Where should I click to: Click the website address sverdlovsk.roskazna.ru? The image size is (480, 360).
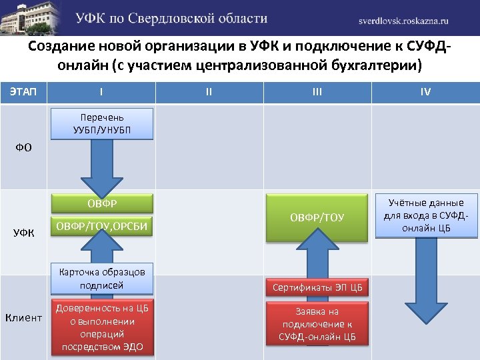[413, 20]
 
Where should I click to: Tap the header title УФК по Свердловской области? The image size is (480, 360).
[171, 19]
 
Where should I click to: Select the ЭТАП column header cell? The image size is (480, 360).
[23, 91]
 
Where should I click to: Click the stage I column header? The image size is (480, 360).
[101, 91]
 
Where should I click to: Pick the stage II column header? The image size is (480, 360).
[209, 91]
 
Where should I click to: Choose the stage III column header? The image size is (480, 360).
[317, 91]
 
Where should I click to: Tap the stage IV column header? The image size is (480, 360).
[425, 91]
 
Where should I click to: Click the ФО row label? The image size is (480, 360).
[23, 146]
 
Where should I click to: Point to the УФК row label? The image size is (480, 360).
[23, 233]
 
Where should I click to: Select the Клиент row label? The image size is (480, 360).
[23, 317]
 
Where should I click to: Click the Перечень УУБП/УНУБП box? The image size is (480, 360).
[102, 123]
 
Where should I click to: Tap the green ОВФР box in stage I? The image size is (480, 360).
[102, 203]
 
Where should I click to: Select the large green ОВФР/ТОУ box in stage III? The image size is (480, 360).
[317, 217]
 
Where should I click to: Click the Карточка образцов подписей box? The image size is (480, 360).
[102, 278]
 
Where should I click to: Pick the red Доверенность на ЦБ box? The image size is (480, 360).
[102, 327]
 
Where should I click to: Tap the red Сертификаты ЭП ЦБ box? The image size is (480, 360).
[317, 288]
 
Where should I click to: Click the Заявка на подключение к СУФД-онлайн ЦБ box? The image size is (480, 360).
[317, 324]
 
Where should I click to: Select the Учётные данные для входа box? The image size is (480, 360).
[427, 215]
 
